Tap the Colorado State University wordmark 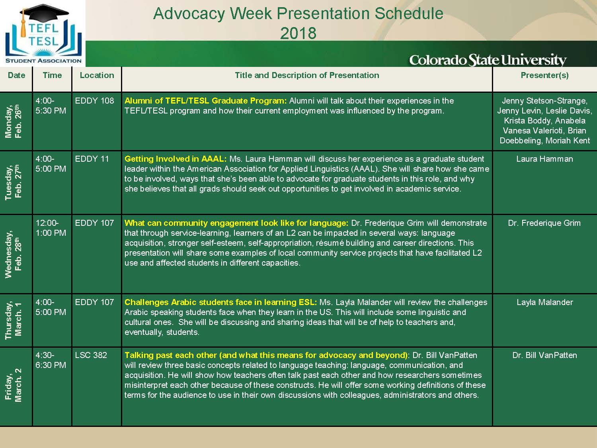(x=488, y=60)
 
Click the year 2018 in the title (x=298, y=33)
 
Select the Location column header (x=97, y=75)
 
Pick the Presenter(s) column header (x=544, y=75)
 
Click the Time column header (x=52, y=75)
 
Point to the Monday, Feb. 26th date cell (x=13, y=121)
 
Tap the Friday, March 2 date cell (x=13, y=385)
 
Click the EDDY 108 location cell (x=94, y=101)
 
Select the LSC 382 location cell (x=91, y=355)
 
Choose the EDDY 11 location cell (x=92, y=159)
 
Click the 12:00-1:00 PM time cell (x=51, y=228)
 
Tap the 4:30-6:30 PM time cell (x=51, y=360)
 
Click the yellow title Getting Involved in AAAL (x=176, y=159)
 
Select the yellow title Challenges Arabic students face (x=220, y=302)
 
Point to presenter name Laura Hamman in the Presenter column (x=544, y=159)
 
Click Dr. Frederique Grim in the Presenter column (x=544, y=223)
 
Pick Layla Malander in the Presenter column (x=545, y=302)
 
